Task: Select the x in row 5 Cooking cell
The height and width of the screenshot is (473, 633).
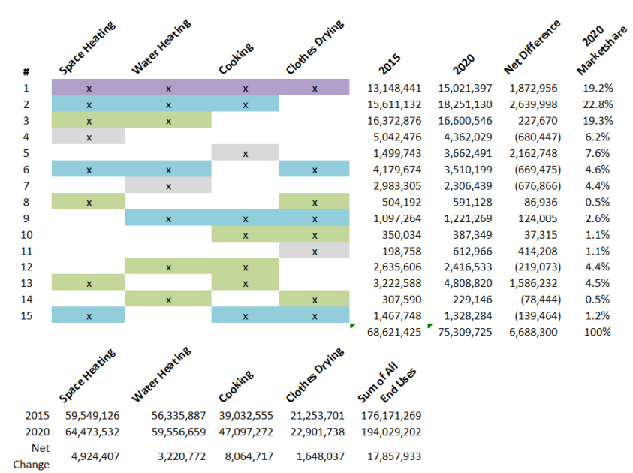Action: pyautogui.click(x=245, y=153)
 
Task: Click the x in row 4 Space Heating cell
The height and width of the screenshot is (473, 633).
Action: pyautogui.click(x=89, y=137)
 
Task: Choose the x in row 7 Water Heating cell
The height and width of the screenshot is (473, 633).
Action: pyautogui.click(x=168, y=186)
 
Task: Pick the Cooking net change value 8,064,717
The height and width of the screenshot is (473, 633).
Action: pyautogui.click(x=245, y=456)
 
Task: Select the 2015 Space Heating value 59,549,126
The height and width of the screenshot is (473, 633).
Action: pyautogui.click(x=89, y=414)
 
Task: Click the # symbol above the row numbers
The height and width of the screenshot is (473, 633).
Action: pyautogui.click(x=26, y=72)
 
